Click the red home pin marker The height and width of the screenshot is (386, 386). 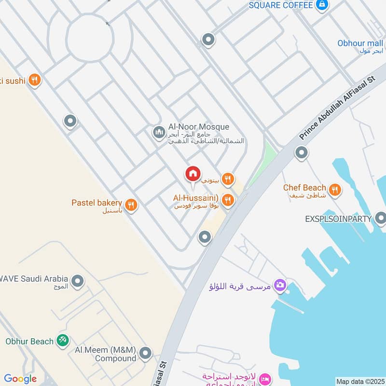pos(193,174)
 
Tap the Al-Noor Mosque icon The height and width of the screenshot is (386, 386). pos(159,132)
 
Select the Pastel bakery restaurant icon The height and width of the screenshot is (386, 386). pos(131,205)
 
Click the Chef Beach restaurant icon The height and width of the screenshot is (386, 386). pos(334,189)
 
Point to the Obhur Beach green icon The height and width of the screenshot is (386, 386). pos(62,341)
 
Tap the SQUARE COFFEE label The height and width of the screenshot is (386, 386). pos(281,5)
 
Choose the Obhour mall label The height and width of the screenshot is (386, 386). pos(360,43)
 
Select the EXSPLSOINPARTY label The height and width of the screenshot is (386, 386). pos(338,219)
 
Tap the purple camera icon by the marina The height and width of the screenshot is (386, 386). pos(279,286)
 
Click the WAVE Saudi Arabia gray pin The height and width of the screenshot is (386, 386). pos(77,280)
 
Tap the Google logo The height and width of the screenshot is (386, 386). pos(20,379)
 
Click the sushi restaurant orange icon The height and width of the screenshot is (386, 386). pos(34,80)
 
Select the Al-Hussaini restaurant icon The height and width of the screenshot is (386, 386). pos(228,199)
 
